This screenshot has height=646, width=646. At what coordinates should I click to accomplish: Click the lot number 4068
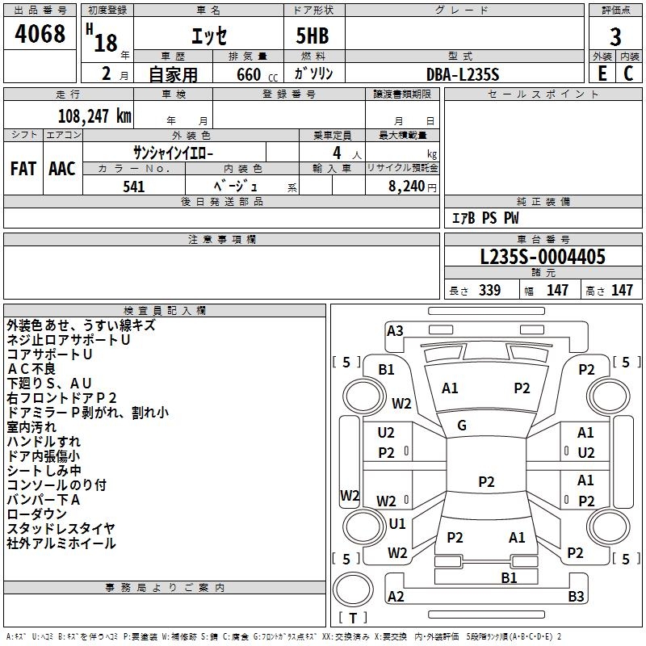click(x=40, y=35)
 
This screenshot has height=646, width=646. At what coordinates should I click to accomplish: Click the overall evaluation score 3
click(x=615, y=37)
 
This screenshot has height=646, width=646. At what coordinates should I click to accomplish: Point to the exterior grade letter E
click(x=602, y=73)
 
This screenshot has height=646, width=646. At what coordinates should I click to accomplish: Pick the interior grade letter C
click(x=628, y=73)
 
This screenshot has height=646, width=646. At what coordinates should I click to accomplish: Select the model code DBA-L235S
click(x=463, y=74)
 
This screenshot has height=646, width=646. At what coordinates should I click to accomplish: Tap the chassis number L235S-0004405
click(x=543, y=258)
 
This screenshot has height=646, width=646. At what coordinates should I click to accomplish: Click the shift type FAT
click(x=23, y=169)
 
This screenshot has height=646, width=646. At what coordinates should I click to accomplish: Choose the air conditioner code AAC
click(x=62, y=169)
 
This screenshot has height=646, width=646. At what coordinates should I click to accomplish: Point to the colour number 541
click(x=134, y=187)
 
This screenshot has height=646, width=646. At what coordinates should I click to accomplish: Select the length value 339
click(x=489, y=291)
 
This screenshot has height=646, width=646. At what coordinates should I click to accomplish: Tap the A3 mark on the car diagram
click(x=395, y=330)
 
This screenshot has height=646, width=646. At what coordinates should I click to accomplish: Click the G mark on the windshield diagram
click(x=462, y=426)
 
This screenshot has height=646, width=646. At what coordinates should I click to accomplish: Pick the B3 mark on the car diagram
click(x=576, y=597)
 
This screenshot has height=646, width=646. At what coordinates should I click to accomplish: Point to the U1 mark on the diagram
click(x=396, y=523)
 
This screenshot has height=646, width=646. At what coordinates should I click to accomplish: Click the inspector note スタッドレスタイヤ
click(x=61, y=529)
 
